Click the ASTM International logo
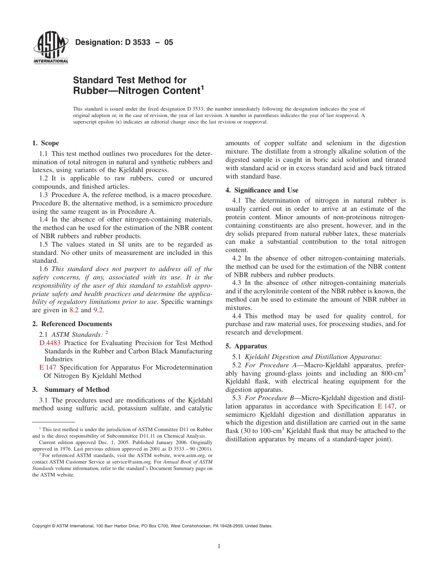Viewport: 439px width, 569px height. pos(50,48)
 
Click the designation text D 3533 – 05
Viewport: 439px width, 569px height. pos(124,42)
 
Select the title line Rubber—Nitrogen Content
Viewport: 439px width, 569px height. pos(138,90)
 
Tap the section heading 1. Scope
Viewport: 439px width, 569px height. pos(45,143)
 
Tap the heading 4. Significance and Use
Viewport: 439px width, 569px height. pos(262,190)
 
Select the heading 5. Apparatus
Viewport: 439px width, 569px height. pos(246,346)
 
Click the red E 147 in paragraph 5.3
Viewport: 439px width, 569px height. pos(386,406)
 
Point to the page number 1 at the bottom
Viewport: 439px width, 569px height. pos(219,546)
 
